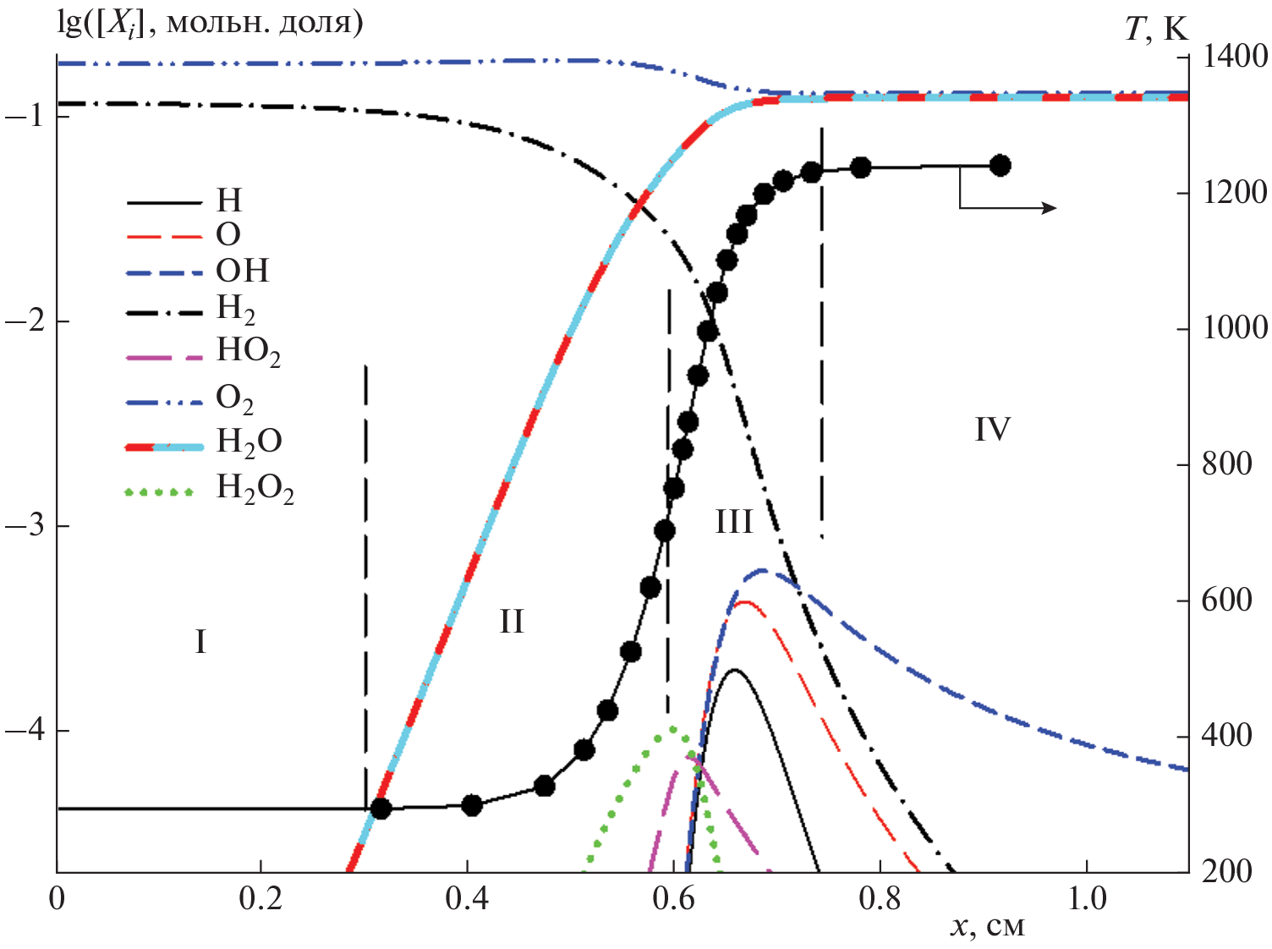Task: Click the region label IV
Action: (992, 430)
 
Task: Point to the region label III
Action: (733, 522)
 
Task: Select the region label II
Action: (511, 622)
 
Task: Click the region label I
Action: (200, 642)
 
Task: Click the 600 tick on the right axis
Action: (1226, 601)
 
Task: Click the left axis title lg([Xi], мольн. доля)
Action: (210, 22)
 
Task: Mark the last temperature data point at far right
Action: (1000, 166)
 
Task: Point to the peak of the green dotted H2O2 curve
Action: (673, 728)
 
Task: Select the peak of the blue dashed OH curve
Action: (761, 570)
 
